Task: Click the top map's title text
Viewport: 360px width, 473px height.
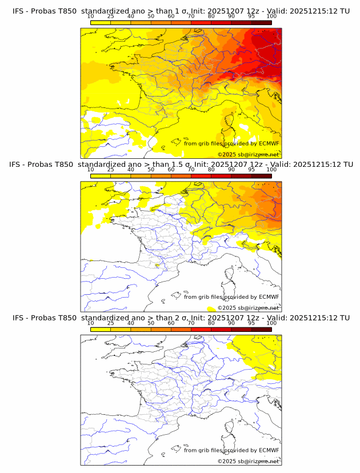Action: point(181,11)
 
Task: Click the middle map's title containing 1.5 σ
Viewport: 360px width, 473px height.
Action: point(181,164)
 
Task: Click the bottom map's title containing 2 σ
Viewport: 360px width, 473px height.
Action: point(181,318)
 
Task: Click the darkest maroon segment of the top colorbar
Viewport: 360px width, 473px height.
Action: point(261,22)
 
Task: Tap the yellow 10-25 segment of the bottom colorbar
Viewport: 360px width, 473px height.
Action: point(101,330)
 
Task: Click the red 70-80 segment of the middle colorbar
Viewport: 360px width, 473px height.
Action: point(201,176)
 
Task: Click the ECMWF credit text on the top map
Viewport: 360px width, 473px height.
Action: point(231,144)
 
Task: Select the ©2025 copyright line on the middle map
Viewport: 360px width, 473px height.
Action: point(248,308)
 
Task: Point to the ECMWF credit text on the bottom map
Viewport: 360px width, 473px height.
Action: point(231,451)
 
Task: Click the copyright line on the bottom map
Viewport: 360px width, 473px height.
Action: point(248,462)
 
